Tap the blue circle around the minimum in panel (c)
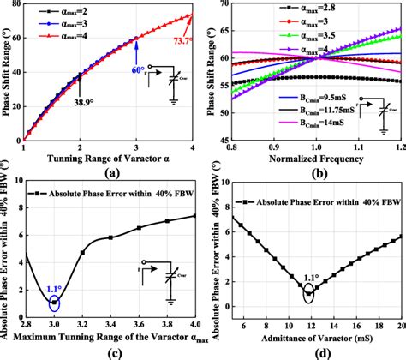pos(55,302)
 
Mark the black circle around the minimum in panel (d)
pos(309,296)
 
